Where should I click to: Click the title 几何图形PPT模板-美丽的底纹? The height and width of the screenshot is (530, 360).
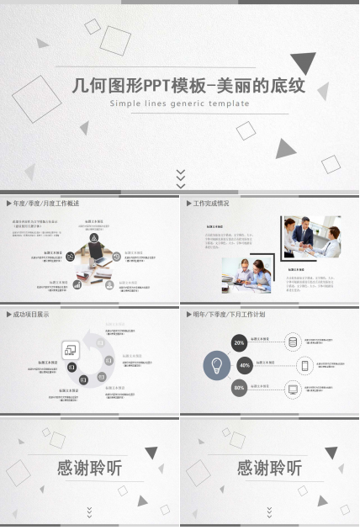point(188,86)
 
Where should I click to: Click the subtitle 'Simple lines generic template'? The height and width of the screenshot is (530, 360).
point(180,103)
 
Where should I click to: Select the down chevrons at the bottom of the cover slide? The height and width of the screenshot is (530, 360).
point(180,177)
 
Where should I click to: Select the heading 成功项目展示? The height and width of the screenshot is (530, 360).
point(31,315)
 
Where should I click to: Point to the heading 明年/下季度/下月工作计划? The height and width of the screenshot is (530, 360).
point(229,315)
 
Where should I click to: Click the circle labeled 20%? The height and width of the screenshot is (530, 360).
point(240,342)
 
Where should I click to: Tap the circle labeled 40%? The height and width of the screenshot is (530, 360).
point(245,365)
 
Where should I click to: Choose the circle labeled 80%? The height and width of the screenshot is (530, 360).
point(240,388)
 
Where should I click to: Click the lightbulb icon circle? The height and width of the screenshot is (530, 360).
point(217,365)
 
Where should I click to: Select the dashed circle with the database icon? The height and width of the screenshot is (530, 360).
point(293,342)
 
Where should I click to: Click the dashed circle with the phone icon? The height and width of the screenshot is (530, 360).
point(305,365)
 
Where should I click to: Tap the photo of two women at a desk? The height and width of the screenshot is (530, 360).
point(246,274)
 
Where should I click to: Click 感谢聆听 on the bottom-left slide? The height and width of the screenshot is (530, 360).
point(89,469)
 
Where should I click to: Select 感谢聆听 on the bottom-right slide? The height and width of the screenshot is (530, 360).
point(269,469)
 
